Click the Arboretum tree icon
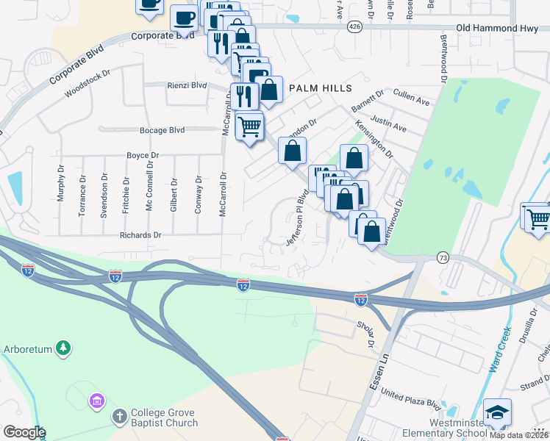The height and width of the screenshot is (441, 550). point(64,348)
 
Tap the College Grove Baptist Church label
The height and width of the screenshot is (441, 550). point(164,418)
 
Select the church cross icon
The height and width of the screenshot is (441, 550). point(119,417)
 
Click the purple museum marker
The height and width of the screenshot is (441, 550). point(96,401)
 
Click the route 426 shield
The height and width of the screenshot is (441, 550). point(354,27)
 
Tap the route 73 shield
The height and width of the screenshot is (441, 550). point(443,257)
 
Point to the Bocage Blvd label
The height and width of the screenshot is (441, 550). point(162,130)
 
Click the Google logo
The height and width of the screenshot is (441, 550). point(24,432)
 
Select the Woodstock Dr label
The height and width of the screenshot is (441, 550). point(87,83)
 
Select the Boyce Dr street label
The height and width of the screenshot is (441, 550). point(143,156)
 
